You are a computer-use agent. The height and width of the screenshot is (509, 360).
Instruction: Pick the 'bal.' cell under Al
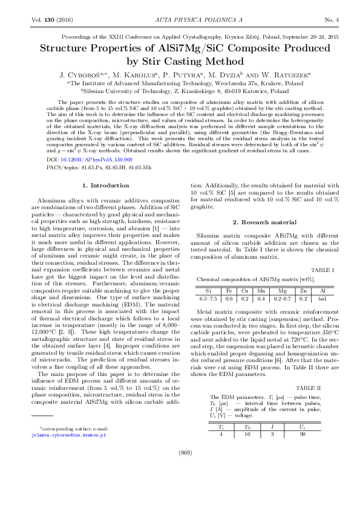pyautogui.click(x=322, y=298)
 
